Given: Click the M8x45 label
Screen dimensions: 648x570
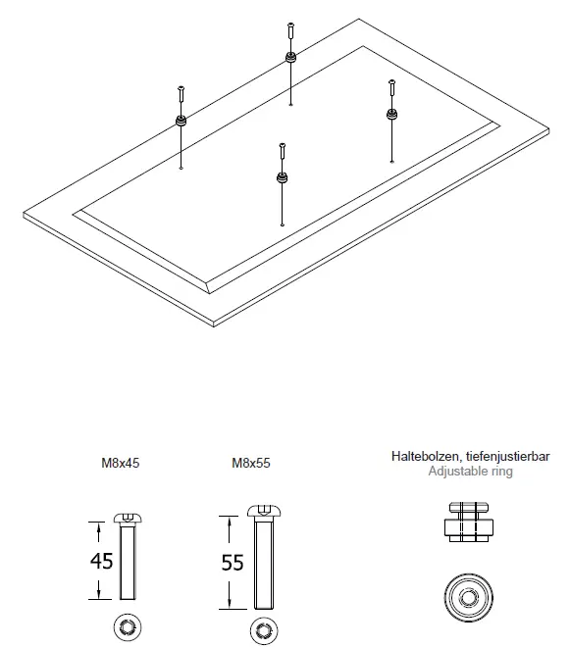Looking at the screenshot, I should [x=122, y=467].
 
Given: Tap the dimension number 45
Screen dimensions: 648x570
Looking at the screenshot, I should [x=102, y=561].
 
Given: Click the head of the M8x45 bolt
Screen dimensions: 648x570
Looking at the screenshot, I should [x=128, y=517].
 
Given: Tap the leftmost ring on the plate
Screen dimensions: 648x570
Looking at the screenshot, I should [x=181, y=121].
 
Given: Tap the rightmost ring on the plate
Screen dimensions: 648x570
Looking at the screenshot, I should [x=391, y=115].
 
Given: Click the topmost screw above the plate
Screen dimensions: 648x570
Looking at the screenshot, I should [x=290, y=28].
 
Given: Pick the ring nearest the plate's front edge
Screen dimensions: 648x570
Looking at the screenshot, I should [x=283, y=178].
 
